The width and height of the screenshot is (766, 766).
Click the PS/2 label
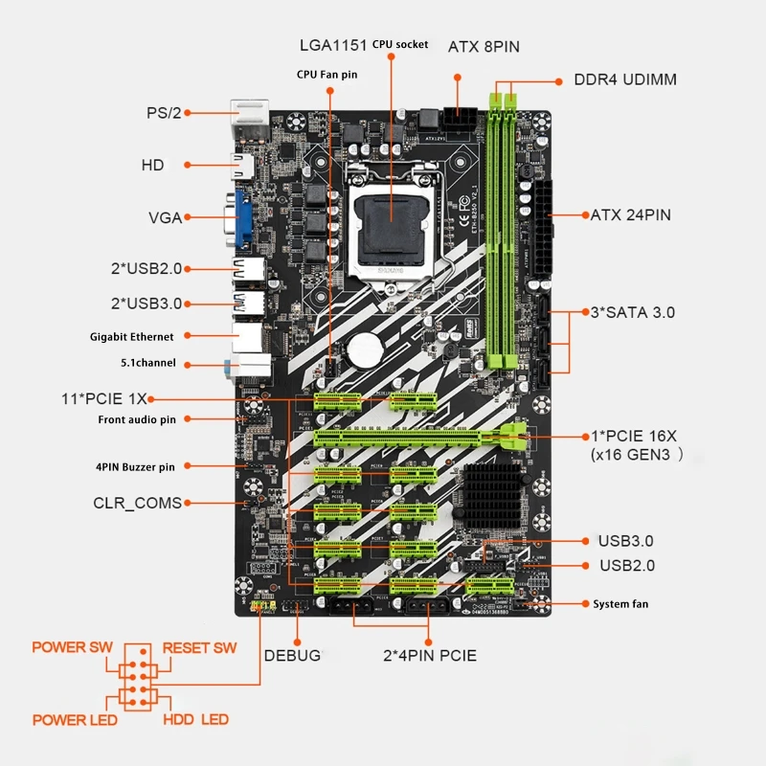pos(163,113)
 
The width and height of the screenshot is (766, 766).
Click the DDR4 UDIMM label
pos(624,79)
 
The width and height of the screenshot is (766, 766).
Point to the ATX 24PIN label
pos(630,214)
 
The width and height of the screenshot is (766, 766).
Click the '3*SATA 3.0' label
pos(631,312)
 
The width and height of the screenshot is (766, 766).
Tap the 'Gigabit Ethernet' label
pos(133,336)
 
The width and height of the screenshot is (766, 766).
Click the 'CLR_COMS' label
pos(137,502)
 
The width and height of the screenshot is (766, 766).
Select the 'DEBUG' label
pos(292,656)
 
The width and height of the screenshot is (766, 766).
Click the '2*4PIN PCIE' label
pos(429,656)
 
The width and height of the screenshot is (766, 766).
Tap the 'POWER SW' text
pos(72,647)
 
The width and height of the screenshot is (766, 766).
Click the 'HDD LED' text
pos(195,719)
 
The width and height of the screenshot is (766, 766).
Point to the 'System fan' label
pos(624,603)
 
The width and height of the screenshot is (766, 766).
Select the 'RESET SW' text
pos(199,647)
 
